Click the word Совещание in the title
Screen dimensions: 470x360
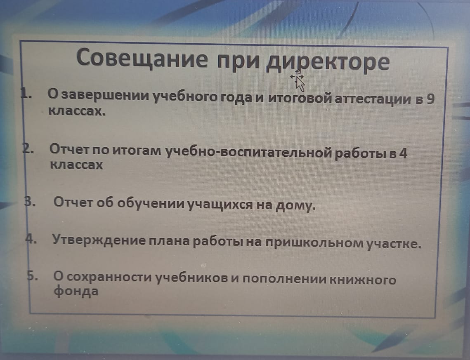coord(142,57)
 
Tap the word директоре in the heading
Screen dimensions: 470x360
coord(328,62)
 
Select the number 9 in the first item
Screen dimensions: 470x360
coord(430,99)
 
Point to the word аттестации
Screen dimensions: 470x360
coord(372,99)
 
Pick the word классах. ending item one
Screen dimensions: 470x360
coord(77,111)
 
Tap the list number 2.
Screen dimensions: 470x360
coord(28,149)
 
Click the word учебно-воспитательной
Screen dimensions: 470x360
coord(248,153)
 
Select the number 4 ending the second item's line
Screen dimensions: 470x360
coord(403,153)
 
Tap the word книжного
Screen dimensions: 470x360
coord(363,280)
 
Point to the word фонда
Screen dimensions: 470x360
coord(76,291)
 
